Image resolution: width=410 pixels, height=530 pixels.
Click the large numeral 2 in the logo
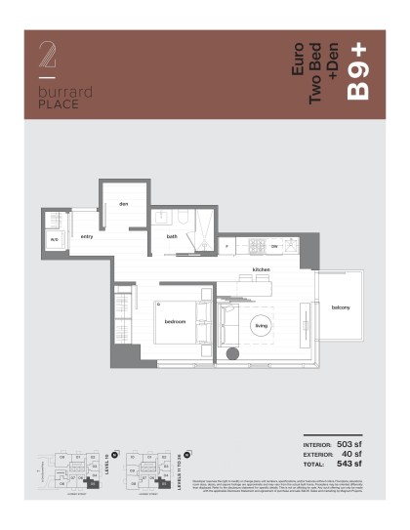click(45, 55)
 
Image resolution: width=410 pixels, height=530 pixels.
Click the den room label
click(125, 204)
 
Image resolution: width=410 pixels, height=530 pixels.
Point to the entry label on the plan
click(87, 237)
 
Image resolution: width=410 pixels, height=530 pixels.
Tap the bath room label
click(172, 237)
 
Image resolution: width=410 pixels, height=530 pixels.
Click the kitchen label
click(261, 269)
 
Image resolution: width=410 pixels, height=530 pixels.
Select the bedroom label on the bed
click(176, 322)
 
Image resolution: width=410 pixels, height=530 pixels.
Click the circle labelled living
click(261, 325)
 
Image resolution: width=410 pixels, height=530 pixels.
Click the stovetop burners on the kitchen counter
click(258, 245)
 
